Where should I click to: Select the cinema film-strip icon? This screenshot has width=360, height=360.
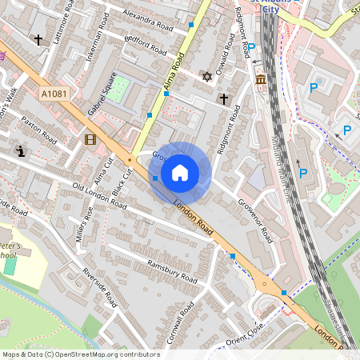point(90,140)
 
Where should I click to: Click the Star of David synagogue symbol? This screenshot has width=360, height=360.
point(207,77)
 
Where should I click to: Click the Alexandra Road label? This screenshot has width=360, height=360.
point(143,17)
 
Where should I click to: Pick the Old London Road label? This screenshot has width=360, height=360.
point(99,196)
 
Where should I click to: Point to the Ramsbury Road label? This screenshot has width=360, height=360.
point(171,271)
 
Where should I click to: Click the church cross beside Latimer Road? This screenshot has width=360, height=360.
point(38,38)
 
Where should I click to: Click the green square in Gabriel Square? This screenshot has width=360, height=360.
point(118,88)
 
